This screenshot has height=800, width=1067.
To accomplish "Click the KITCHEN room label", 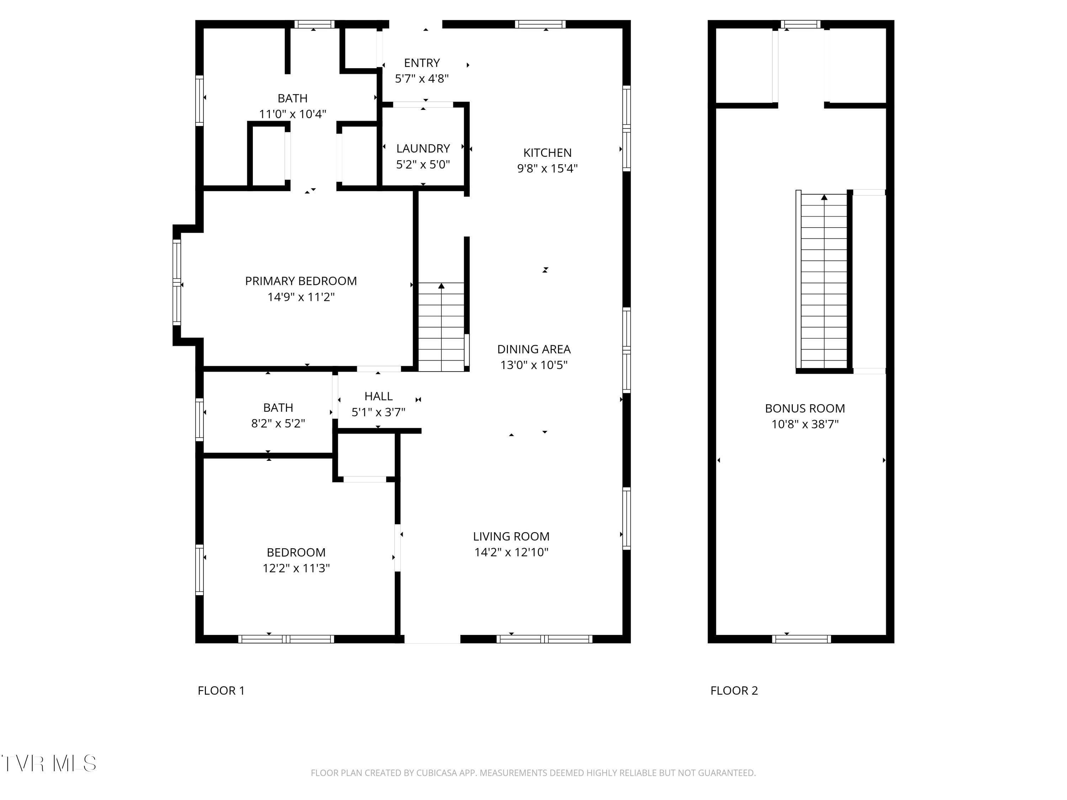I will (x=547, y=153).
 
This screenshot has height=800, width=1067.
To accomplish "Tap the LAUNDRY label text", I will (x=423, y=149).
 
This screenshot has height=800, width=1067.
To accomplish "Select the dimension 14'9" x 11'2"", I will (x=301, y=297).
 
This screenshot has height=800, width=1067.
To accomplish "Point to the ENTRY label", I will (x=421, y=63).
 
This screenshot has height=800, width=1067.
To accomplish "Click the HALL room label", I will (x=378, y=396).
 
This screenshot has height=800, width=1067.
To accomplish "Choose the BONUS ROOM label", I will (x=805, y=409).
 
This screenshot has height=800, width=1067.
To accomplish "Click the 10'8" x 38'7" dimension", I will (x=805, y=424).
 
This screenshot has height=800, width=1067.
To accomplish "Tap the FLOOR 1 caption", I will (x=221, y=690).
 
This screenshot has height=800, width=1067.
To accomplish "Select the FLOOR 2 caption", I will (x=734, y=690).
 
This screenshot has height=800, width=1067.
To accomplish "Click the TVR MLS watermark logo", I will (x=49, y=763).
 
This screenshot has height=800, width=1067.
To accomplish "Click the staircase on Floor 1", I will (x=441, y=328).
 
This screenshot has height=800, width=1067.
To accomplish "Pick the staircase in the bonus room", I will (x=823, y=282).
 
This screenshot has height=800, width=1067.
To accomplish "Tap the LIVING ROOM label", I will (x=511, y=537).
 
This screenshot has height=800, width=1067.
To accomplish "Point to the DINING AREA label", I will (x=533, y=349).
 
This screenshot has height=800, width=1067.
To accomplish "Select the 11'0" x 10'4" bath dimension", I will (x=292, y=114).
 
